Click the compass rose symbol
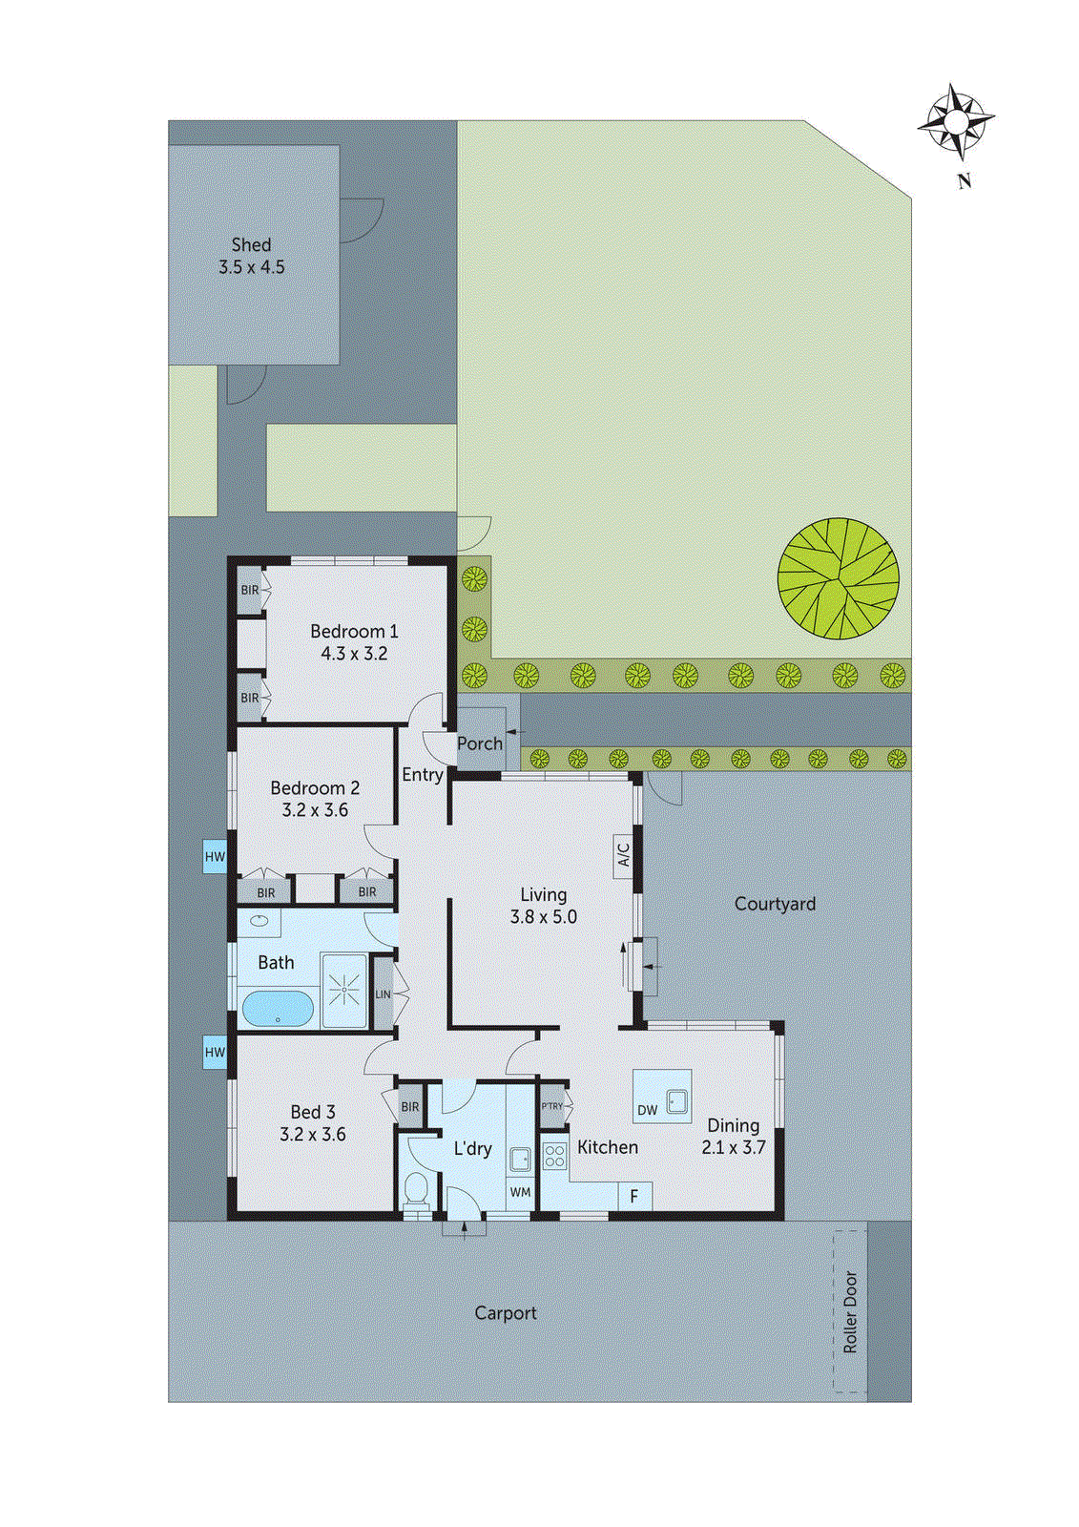[x=956, y=121]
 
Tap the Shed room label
[x=251, y=245]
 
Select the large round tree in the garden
[x=838, y=578]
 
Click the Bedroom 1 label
[x=354, y=632]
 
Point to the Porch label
[x=479, y=743]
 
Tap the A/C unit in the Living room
[x=623, y=853]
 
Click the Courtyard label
[x=775, y=904]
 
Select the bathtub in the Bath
[x=277, y=1008]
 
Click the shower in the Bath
[x=343, y=991]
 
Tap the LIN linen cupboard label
[x=383, y=994]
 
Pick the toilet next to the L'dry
[x=416, y=1190]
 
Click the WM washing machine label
[x=520, y=1192]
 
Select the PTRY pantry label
[x=552, y=1106]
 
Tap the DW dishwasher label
[x=648, y=1110]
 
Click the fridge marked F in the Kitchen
[x=633, y=1196]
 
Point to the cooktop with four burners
[x=554, y=1156]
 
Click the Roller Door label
[x=850, y=1311]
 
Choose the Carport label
[x=505, y=1313]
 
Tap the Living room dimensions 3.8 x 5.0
[x=543, y=917]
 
